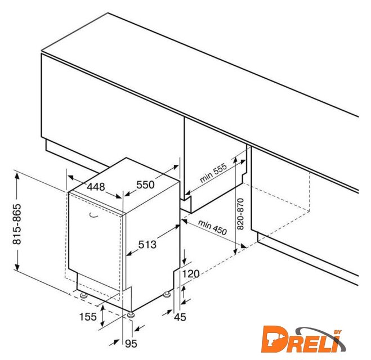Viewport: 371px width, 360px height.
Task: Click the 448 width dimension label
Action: pyautogui.click(x=96, y=187)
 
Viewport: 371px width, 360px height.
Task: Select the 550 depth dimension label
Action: pyautogui.click(x=145, y=185)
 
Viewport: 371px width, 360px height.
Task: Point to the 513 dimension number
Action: pyautogui.click(x=147, y=245)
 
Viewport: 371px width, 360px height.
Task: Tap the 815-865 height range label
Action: pyautogui.click(x=17, y=224)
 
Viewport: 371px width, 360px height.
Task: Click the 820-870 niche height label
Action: pyautogui.click(x=240, y=214)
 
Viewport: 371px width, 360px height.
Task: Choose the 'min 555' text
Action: pyautogui.click(x=213, y=173)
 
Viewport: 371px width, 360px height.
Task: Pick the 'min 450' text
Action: pyautogui.click(x=212, y=227)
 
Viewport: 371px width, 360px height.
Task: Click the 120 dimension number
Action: pyautogui.click(x=191, y=274)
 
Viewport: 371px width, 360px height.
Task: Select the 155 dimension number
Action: pyautogui.click(x=88, y=317)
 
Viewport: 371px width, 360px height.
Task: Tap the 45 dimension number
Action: pyautogui.click(x=180, y=317)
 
